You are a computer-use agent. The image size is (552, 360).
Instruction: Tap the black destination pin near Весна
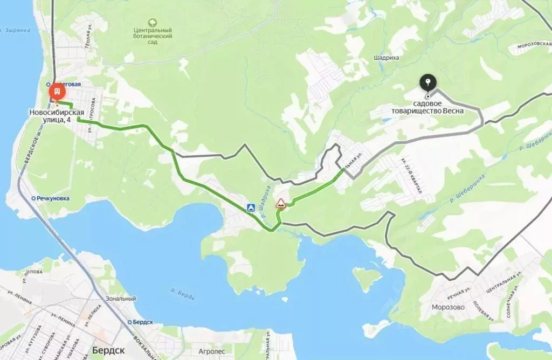[428, 83]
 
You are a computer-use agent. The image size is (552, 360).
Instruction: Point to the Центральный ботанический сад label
[153, 36]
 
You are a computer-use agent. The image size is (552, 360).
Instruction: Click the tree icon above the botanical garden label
[153, 23]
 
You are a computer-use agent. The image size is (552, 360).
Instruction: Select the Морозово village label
[448, 308]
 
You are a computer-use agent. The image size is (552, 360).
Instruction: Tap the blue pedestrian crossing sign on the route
[251, 207]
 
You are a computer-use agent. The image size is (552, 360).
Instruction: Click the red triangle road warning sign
[280, 203]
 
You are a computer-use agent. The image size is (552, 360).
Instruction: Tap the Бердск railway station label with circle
[141, 322]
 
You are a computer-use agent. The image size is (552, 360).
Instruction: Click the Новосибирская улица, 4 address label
[57, 116]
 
